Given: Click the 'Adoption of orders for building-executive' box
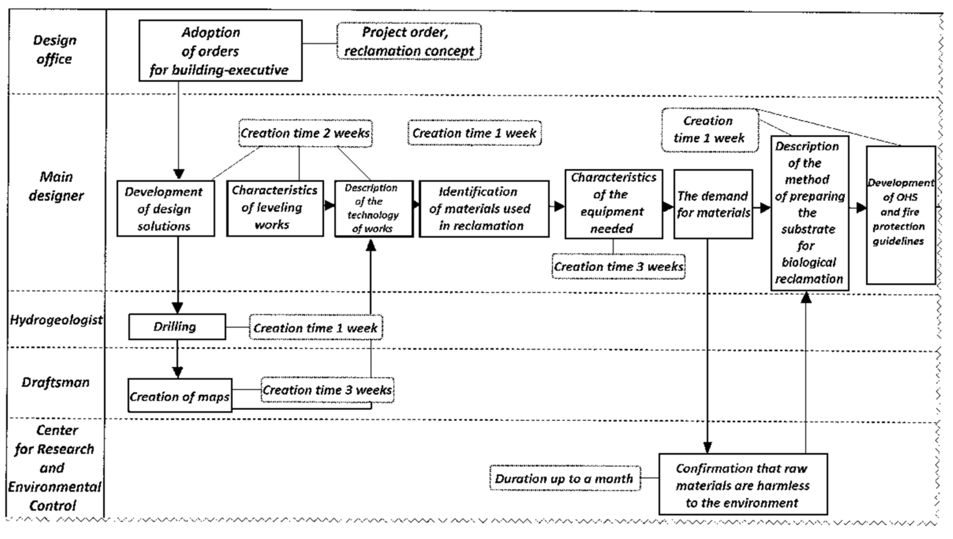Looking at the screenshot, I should click(220, 51).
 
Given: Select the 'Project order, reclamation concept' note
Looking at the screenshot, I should click(409, 41).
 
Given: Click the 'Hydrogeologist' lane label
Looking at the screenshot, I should click(56, 320).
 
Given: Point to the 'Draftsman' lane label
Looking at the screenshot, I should click(56, 382).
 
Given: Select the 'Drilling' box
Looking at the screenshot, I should click(177, 327).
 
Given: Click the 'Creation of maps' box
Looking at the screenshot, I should click(180, 395).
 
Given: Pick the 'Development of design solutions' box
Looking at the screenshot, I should click(165, 208).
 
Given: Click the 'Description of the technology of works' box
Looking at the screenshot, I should click(374, 208).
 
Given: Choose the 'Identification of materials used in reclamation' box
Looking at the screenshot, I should click(484, 208).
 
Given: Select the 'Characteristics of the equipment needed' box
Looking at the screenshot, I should click(613, 204).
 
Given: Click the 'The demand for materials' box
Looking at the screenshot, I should click(713, 204).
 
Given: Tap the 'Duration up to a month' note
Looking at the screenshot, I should click(565, 478).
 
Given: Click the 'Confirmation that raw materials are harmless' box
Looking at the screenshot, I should click(743, 484).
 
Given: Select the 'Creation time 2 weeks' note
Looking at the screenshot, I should click(305, 133).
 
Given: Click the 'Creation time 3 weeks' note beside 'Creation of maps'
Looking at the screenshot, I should click(327, 390).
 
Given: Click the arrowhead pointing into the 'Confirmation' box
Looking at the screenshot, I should click(707, 448).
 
